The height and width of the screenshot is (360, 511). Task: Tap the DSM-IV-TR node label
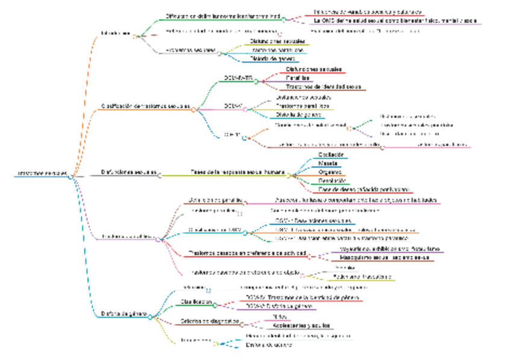pyautogui.click(x=237, y=78)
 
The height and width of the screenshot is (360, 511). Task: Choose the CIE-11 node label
pyautogui.click(x=233, y=134)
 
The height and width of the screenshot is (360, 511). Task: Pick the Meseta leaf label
pyautogui.click(x=328, y=163)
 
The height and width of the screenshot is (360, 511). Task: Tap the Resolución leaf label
pyautogui.click(x=332, y=180)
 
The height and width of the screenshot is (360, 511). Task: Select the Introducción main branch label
pyautogui.click(x=116, y=34)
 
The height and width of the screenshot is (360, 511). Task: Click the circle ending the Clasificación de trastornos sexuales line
pyautogui.click(x=194, y=110)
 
